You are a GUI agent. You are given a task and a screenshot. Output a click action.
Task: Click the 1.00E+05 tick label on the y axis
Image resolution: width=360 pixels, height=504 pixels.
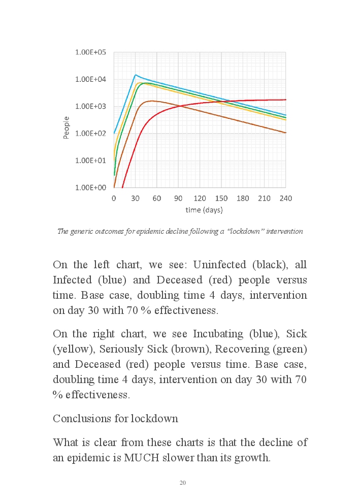pos(90,52)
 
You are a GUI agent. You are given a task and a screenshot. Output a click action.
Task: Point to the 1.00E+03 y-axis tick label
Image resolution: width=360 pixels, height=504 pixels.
pos(90,106)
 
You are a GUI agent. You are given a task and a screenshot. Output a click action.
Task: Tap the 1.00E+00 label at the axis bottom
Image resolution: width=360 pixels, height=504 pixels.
pos(90,187)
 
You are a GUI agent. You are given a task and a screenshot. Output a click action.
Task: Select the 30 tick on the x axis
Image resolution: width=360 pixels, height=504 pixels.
pos(135,198)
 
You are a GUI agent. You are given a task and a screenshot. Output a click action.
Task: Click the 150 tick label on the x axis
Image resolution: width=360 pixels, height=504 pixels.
pos(221,198)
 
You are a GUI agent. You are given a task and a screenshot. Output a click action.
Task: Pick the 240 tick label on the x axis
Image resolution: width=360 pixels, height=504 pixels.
pos(286,198)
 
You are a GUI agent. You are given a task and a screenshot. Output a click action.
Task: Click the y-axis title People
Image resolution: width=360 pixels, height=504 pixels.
pos(67,127)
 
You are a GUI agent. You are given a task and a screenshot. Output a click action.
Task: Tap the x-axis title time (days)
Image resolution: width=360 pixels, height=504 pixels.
pos(200,209)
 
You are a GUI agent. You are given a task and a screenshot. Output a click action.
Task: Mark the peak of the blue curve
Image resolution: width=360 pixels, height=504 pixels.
pos(135,75)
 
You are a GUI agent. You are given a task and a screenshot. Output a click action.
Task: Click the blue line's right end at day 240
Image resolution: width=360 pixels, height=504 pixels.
pos(286,115)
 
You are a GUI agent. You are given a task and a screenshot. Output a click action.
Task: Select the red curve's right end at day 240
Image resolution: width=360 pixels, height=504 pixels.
pos(286,100)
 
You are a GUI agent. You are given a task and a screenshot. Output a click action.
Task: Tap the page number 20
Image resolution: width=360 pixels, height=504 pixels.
pos(183,482)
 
